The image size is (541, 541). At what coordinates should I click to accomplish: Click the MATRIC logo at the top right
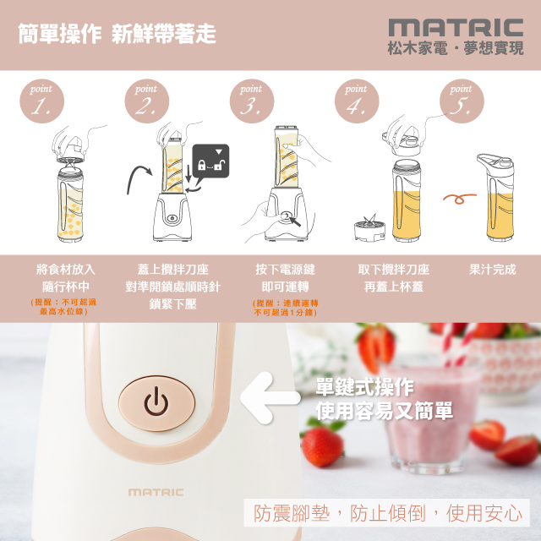pos(456,28)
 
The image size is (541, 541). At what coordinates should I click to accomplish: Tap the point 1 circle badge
pos(41,101)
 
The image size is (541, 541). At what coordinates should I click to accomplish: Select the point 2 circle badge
pos(146,101)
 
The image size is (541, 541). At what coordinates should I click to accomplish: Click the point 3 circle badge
pos(252,101)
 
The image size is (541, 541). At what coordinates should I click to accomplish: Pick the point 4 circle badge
pos(357,101)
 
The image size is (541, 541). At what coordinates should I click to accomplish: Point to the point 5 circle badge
pos(462,101)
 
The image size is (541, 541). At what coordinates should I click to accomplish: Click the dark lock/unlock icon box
pos(210,161)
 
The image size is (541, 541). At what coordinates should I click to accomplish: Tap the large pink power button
pos(156,403)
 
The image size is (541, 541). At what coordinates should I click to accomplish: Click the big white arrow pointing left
pos(270,398)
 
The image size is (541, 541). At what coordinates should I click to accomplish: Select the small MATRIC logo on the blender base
pos(156,492)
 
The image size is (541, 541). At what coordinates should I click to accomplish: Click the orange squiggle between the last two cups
pos(460,198)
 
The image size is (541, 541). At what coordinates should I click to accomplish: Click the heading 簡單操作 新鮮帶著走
pos(117,34)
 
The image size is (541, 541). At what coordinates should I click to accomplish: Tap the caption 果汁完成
pos(492,270)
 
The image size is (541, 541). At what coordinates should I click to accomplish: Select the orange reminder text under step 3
pos(286,308)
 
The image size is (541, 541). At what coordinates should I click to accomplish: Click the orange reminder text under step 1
pos(63,307)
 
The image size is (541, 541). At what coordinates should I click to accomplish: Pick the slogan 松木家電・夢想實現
pos(456,48)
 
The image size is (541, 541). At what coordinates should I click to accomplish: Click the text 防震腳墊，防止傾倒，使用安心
pos(387,513)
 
